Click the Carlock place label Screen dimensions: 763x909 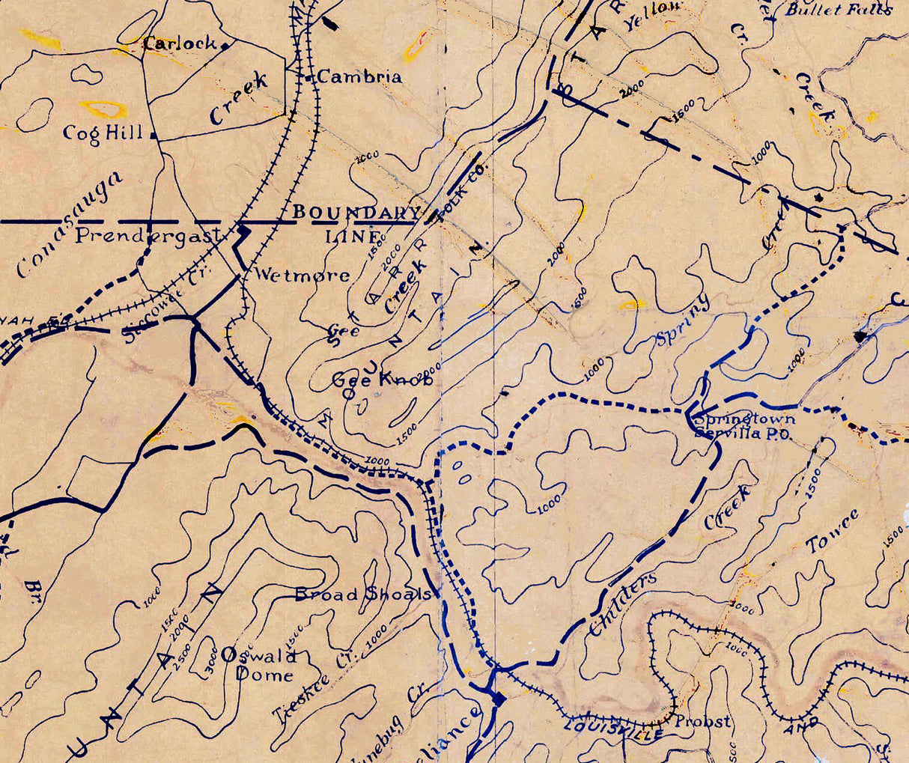coord(180,43)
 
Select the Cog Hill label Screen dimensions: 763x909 coord(103,133)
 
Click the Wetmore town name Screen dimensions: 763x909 coord(302,275)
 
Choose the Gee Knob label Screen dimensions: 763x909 coord(382,380)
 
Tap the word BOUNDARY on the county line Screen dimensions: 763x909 coord(356,212)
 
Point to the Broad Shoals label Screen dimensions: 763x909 coord(363,595)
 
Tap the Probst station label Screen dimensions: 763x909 coord(702,722)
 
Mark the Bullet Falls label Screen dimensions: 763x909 coord(839,10)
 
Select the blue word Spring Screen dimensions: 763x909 coord(681,322)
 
